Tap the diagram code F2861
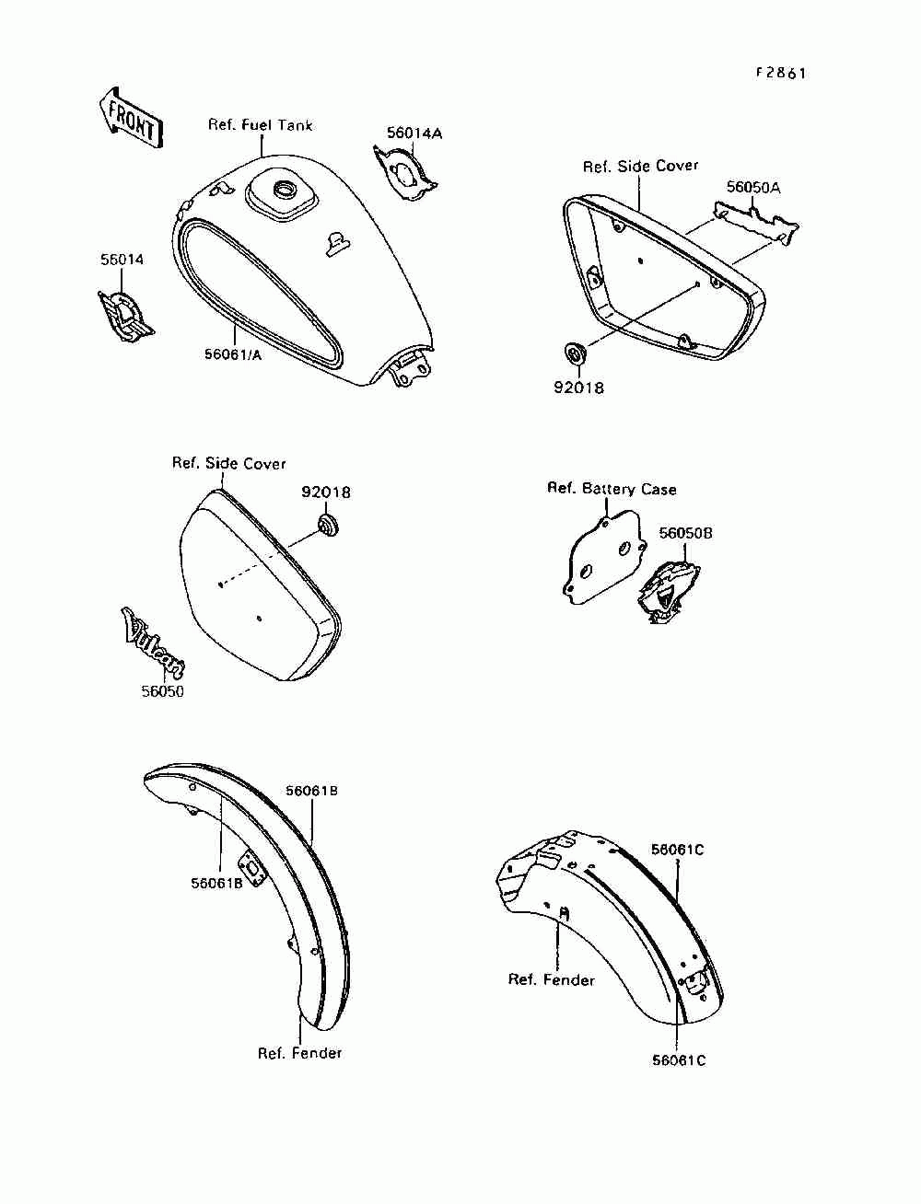pyautogui.click(x=780, y=73)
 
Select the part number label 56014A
pyautogui.click(x=414, y=133)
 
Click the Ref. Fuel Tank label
pyautogui.click(x=260, y=125)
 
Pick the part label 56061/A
pyautogui.click(x=233, y=355)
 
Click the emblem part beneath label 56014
pyautogui.click(x=126, y=316)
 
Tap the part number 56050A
pyautogui.click(x=753, y=187)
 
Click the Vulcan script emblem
pyautogui.click(x=153, y=641)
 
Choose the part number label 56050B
pyautogui.click(x=685, y=533)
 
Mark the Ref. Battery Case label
pyautogui.click(x=612, y=489)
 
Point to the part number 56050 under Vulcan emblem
pyautogui.click(x=162, y=691)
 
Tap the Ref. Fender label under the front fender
pyautogui.click(x=299, y=1053)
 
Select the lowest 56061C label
pyautogui.click(x=679, y=1060)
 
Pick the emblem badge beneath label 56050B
pyautogui.click(x=668, y=593)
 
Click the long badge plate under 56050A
pyautogui.click(x=756, y=224)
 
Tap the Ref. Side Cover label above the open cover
pyautogui.click(x=640, y=166)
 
